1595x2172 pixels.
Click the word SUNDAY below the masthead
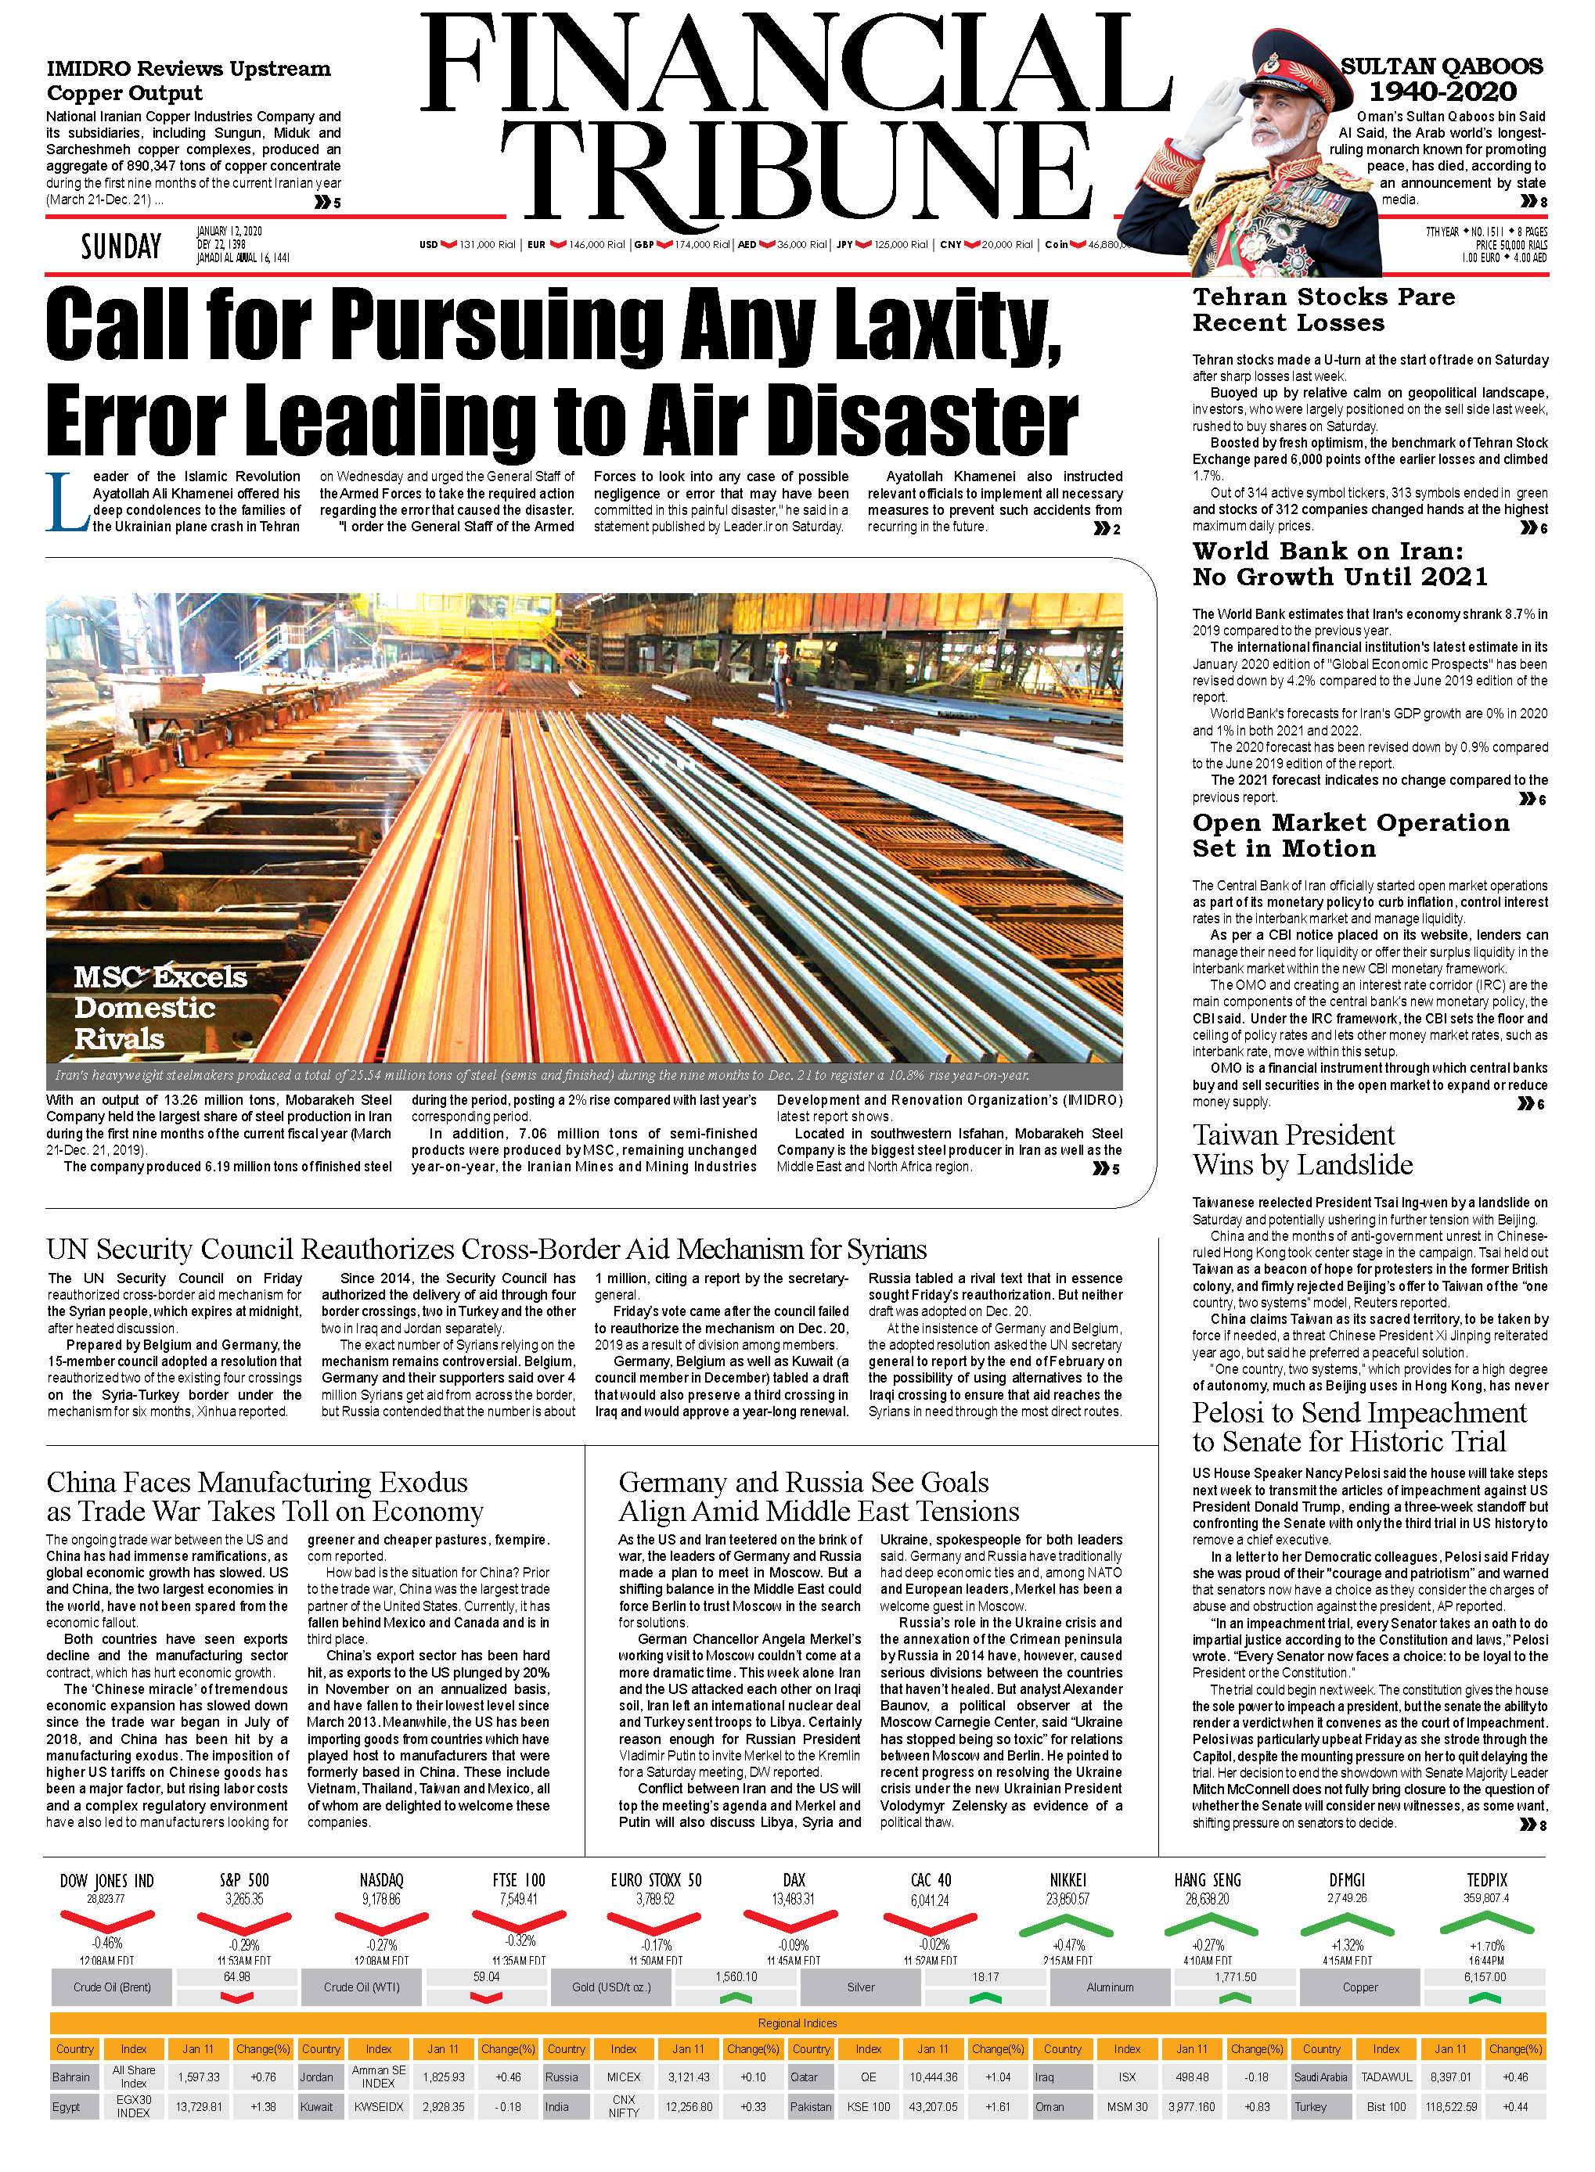(121, 247)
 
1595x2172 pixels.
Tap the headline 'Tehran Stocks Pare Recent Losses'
(1323, 310)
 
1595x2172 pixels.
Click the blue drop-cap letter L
(67, 502)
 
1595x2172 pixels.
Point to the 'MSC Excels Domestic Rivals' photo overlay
(160, 1008)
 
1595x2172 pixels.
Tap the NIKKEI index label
(1067, 1879)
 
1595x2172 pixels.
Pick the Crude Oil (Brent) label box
(112, 1987)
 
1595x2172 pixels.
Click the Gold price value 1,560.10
(736, 1977)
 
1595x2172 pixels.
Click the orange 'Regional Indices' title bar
(797, 2023)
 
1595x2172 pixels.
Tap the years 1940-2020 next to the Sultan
(1442, 92)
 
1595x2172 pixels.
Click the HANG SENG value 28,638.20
(1207, 1898)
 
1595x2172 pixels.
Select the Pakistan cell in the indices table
(810, 2106)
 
